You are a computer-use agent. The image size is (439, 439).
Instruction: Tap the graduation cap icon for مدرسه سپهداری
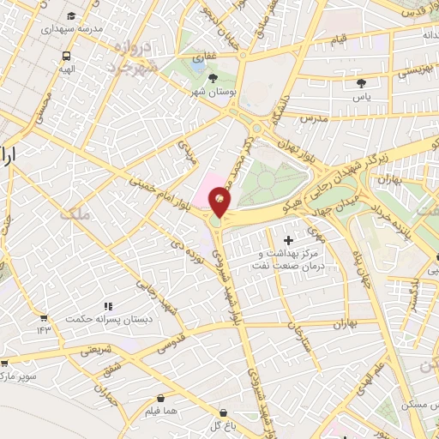[x=69, y=15]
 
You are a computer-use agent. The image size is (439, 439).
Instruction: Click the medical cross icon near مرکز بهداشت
[x=288, y=241]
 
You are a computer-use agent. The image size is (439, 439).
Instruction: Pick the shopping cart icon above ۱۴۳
[x=43, y=316]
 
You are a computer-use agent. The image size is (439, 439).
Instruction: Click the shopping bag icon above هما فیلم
[x=162, y=397]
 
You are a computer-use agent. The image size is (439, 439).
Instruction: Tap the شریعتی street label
[x=99, y=351]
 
